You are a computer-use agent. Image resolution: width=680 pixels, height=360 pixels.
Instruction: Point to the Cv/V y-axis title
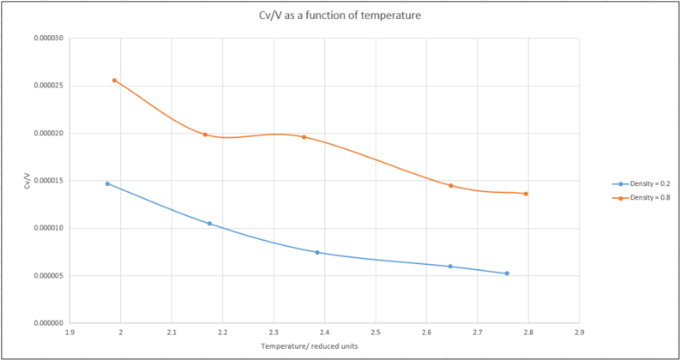[x=27, y=181]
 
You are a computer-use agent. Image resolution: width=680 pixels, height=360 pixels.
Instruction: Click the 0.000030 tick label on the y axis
[x=45, y=39]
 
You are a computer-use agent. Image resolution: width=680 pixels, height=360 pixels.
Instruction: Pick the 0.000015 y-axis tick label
[x=45, y=181]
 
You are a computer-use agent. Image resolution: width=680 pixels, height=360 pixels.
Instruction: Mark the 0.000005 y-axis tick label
[x=45, y=276]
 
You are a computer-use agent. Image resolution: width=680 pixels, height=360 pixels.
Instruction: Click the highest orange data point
[x=114, y=81]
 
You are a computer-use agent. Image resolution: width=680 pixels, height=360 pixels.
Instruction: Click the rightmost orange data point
[x=526, y=194]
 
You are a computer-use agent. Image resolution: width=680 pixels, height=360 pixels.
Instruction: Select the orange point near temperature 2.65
[x=450, y=186]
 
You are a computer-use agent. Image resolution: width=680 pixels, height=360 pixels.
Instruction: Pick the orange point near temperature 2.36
[x=304, y=137]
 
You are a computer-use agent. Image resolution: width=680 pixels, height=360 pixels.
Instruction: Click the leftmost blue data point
[x=107, y=183]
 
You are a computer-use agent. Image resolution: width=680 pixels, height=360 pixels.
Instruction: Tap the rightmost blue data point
[x=507, y=273]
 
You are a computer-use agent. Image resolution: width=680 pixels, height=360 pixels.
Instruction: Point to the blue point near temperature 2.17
[x=209, y=224]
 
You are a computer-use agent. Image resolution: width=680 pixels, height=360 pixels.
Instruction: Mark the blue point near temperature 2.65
[x=450, y=267]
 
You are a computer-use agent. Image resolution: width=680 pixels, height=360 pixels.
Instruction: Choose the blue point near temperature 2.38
[x=317, y=253]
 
